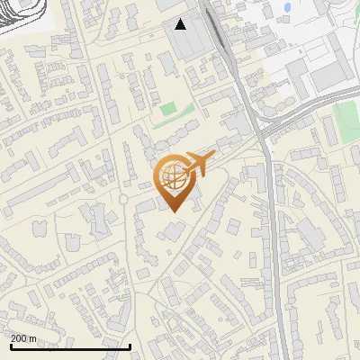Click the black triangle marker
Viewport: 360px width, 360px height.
point(181,24)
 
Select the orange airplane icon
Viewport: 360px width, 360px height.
point(199,165)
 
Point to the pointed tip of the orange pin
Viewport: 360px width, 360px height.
point(173,211)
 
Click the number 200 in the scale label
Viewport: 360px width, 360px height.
point(20,338)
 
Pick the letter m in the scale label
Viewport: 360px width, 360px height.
point(33,338)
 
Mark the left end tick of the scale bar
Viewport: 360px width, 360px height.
point(11,346)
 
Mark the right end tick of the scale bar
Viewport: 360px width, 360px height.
point(130,346)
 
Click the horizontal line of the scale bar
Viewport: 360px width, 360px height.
point(70,347)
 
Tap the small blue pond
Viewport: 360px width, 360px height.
point(287,8)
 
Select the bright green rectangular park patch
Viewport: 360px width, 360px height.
point(168,110)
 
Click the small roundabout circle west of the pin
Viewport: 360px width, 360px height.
point(123,198)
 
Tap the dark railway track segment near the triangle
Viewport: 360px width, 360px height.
point(219,36)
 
